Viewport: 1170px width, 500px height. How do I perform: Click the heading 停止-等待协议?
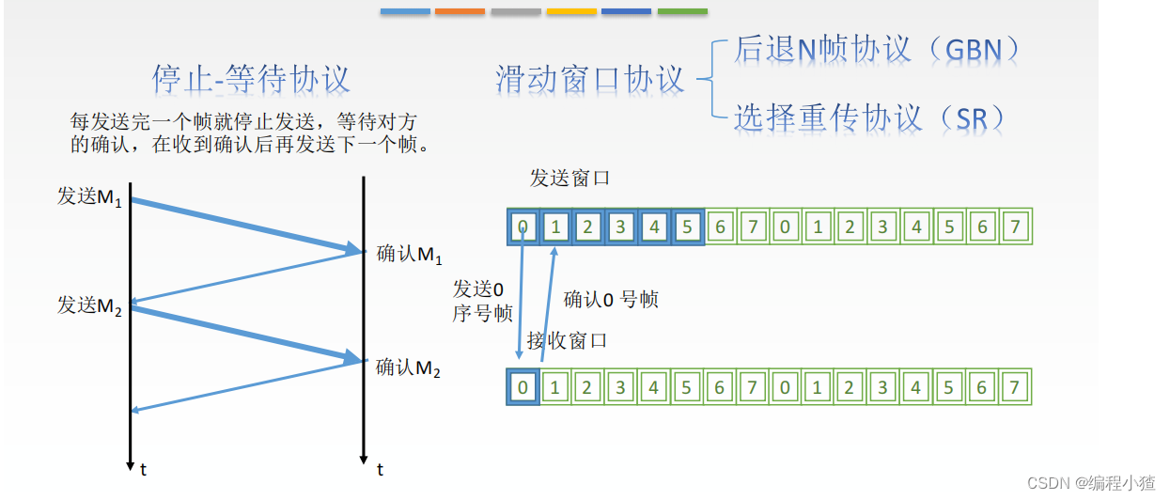(x=251, y=78)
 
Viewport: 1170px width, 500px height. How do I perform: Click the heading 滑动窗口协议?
(x=590, y=80)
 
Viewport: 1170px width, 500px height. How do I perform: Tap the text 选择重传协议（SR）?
(x=869, y=117)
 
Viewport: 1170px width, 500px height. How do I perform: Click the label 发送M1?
(x=90, y=197)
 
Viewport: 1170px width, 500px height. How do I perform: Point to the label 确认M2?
(x=409, y=367)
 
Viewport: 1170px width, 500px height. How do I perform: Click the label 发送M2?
(x=90, y=305)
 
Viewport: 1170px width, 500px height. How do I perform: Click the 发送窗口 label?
(x=569, y=178)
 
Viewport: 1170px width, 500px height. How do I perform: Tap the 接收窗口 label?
(x=567, y=340)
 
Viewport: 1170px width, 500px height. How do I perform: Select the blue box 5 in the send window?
(x=687, y=227)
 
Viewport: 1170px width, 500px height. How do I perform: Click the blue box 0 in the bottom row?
(x=523, y=387)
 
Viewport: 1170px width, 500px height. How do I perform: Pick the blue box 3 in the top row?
(x=621, y=227)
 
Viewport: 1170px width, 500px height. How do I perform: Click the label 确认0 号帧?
(x=611, y=299)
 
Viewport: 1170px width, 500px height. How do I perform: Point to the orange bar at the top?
(x=460, y=11)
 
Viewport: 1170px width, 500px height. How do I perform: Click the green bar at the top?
(x=682, y=11)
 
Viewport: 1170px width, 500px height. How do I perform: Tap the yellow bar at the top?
(x=571, y=11)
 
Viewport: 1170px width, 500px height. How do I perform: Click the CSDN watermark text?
(x=1090, y=483)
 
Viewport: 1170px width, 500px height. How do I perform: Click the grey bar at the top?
(x=516, y=11)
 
